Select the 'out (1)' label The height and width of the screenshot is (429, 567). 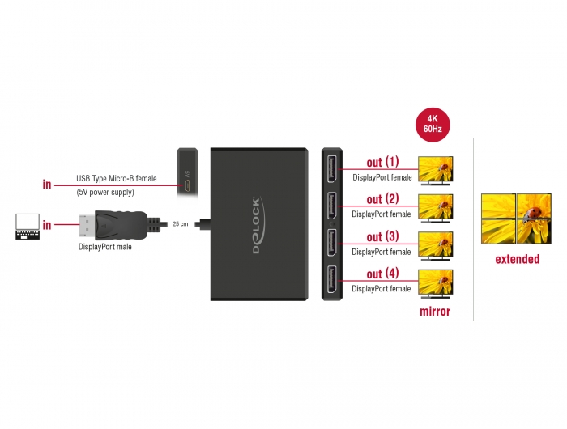382,162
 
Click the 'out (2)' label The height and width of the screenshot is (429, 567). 382,199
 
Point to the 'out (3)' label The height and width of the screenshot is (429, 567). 382,237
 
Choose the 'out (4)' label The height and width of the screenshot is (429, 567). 382,274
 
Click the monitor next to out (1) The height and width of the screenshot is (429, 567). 435,171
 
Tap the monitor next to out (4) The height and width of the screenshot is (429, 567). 435,283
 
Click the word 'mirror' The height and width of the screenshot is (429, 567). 435,312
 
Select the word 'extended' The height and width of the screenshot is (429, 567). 518,260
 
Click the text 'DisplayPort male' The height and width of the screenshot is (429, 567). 104,247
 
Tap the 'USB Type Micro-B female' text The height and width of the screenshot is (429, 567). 117,178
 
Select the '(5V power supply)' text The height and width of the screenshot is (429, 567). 105,193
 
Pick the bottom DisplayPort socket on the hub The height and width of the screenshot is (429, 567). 333,280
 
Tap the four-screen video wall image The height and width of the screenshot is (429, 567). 517,219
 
